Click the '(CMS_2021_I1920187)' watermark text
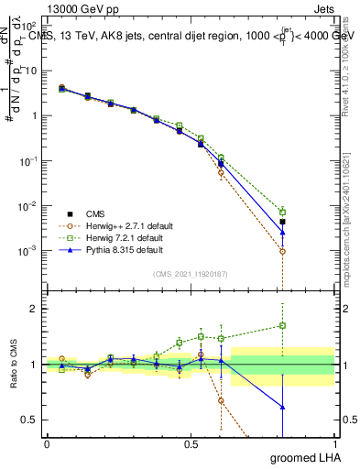(x=191, y=274)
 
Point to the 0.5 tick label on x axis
(x=191, y=443)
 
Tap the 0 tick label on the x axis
(x=47, y=443)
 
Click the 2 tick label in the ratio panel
(x=34, y=309)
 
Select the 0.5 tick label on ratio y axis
(x=29, y=420)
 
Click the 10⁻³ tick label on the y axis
(x=28, y=250)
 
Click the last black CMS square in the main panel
(x=283, y=222)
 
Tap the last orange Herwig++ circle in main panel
(x=283, y=251)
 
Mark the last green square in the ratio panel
(x=283, y=325)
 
